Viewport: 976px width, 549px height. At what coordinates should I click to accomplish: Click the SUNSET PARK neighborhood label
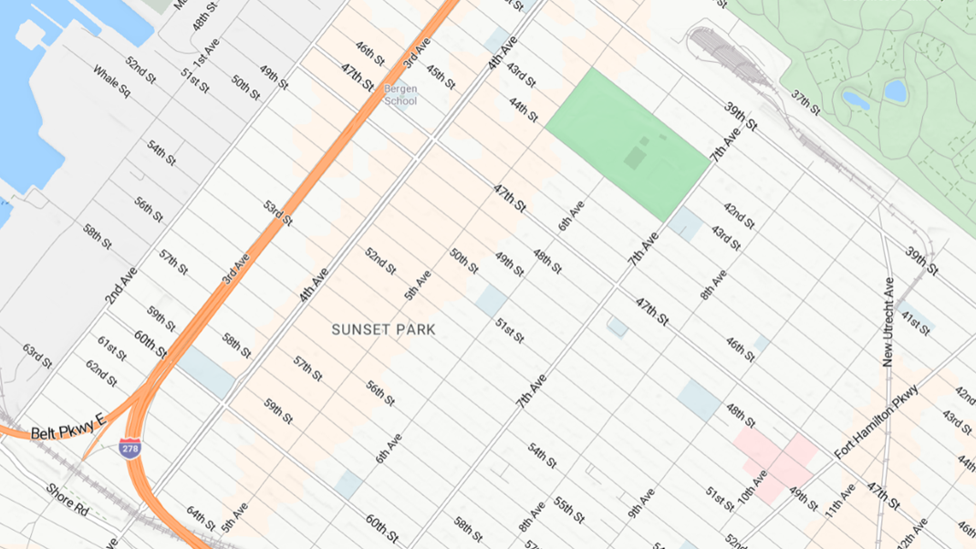click(x=383, y=329)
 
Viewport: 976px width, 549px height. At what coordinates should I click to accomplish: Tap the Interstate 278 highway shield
click(x=130, y=448)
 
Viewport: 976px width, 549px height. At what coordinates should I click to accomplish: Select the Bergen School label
click(x=400, y=95)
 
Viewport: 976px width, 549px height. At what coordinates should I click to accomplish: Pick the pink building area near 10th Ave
click(x=775, y=465)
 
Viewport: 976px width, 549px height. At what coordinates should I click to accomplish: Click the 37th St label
click(x=806, y=102)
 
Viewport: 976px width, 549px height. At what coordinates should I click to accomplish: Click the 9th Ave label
click(x=641, y=504)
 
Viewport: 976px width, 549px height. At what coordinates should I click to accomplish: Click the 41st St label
click(x=915, y=321)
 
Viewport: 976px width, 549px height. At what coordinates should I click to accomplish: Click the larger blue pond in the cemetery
click(x=896, y=90)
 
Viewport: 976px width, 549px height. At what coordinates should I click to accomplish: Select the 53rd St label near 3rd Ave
click(x=278, y=213)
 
